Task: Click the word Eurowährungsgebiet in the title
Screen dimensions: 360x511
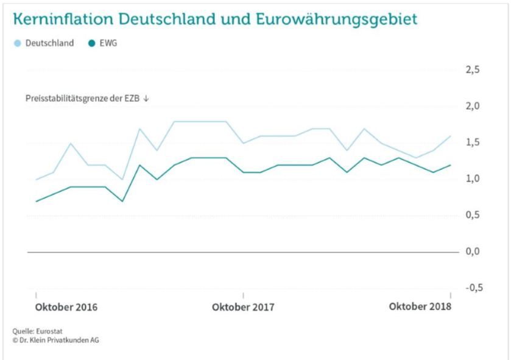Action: click(353, 19)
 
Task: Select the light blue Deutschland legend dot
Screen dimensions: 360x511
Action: click(18, 43)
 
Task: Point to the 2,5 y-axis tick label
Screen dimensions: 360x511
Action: click(473, 70)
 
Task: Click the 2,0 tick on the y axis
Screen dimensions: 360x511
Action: click(473, 106)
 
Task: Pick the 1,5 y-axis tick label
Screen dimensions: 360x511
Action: click(473, 143)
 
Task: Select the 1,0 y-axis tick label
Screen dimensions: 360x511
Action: click(473, 178)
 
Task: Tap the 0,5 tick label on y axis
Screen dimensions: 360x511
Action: click(473, 215)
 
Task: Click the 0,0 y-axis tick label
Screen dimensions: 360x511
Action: click(473, 251)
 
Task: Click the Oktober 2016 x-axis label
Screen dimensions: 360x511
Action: click(66, 307)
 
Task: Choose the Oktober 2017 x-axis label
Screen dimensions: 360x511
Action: click(243, 307)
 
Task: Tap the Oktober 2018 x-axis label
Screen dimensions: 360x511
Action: click(420, 306)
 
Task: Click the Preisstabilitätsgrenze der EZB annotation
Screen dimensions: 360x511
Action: click(83, 98)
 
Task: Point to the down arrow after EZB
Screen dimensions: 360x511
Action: click(146, 98)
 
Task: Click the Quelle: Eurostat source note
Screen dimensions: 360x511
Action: click(34, 331)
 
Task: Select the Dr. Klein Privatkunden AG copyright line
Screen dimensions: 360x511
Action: click(55, 340)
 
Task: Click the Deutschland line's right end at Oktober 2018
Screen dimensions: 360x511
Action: click(450, 136)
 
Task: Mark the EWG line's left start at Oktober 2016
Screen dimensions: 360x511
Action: click(36, 201)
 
